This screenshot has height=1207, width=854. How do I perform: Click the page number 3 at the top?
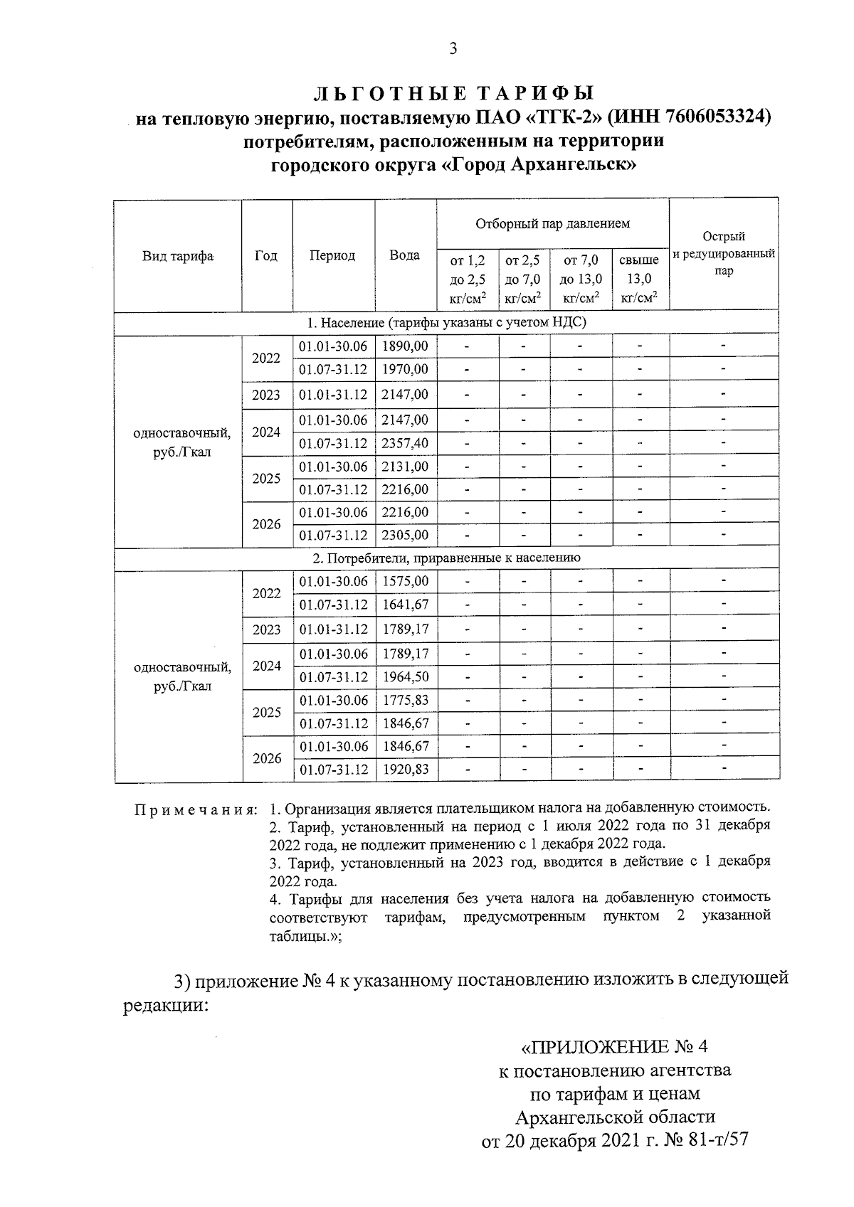453,48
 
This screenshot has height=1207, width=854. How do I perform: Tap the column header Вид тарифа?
178,256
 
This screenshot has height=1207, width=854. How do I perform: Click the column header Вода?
405,255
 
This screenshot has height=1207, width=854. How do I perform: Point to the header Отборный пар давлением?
552,223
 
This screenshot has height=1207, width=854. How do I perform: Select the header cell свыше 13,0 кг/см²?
639,279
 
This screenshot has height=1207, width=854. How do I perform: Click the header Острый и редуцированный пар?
724,253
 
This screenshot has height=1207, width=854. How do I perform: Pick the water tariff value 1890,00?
405,346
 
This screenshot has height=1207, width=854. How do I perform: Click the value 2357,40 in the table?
405,443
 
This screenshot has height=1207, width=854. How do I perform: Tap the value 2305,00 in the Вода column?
405,535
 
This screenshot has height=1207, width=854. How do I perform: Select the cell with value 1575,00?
405,581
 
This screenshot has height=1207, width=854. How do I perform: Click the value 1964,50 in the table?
405,677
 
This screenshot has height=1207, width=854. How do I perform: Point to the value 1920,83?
405,770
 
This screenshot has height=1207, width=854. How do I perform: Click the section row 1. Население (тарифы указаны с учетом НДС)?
446,322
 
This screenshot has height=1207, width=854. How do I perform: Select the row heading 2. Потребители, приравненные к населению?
446,558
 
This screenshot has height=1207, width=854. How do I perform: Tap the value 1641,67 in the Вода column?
405,605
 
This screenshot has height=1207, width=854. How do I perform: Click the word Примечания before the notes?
196,810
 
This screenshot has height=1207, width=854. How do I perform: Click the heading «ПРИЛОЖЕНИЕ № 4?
616,1047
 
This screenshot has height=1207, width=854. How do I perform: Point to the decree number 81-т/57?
715,1141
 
